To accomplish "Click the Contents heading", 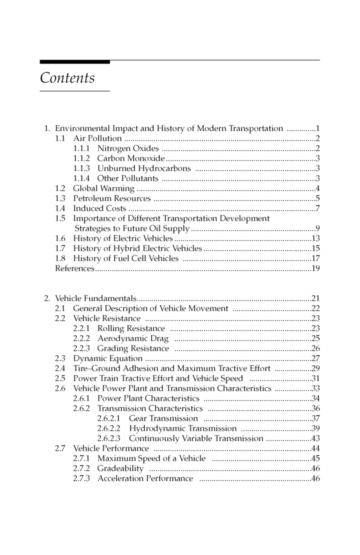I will coord(67,78).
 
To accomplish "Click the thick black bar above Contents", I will coord(75,62).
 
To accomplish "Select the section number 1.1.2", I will coord(82,158).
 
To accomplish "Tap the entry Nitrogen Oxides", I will coord(128,148).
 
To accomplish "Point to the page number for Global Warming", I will coord(317,188).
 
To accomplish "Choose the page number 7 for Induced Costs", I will coord(317,208).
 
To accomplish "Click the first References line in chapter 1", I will coord(74,268).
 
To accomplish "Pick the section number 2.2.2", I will coord(82,338).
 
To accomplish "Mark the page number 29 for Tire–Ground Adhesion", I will coord(315,368).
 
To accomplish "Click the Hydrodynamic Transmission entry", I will coord(182,428).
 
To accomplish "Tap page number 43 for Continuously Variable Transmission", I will coord(315,438).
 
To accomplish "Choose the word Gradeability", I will coord(120,468).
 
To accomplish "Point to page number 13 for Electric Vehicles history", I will coord(315,238).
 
